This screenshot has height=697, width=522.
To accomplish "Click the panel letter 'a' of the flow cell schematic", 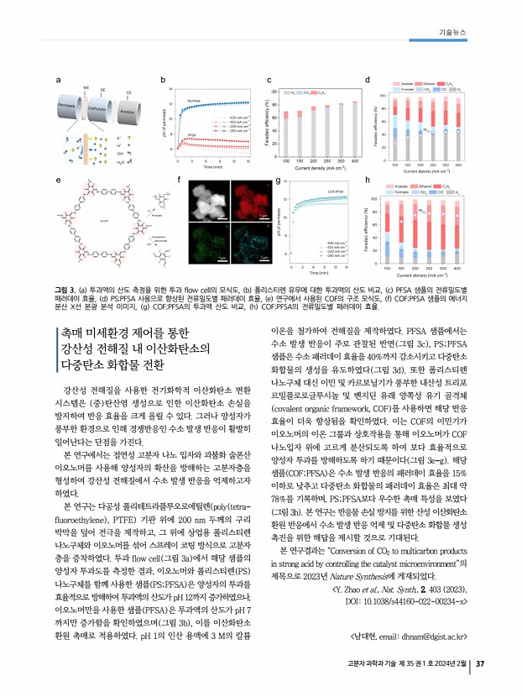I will click(57, 80).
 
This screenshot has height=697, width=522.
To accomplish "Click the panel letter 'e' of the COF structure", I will click(57, 180).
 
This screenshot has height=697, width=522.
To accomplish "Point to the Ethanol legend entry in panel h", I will click(428, 184).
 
